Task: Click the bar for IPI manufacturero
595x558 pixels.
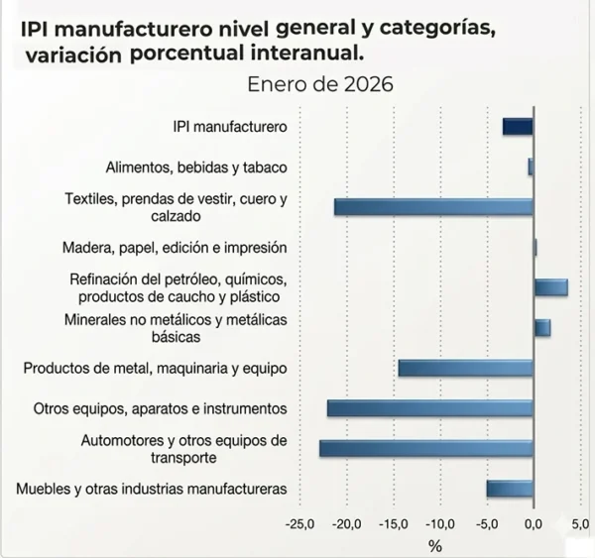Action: [x=518, y=127]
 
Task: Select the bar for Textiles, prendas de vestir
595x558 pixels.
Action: [x=434, y=207]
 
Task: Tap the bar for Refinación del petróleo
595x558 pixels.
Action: [x=550, y=287]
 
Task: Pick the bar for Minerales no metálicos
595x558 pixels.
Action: [x=541, y=328]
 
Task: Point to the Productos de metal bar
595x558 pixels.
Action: [x=466, y=369]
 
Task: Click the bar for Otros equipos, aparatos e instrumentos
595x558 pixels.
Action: [x=430, y=408]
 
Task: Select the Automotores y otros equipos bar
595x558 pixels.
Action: [x=426, y=449]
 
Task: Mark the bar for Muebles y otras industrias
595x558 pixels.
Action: [x=510, y=489]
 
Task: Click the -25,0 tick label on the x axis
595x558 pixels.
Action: [x=299, y=523]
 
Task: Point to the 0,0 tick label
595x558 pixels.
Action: [x=534, y=523]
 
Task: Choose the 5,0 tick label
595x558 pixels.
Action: [x=580, y=523]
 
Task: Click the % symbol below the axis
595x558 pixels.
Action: [x=435, y=545]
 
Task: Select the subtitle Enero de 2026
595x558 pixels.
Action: [x=321, y=84]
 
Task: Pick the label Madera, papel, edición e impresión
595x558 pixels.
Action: [x=175, y=248]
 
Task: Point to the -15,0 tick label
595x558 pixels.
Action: [x=393, y=523]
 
